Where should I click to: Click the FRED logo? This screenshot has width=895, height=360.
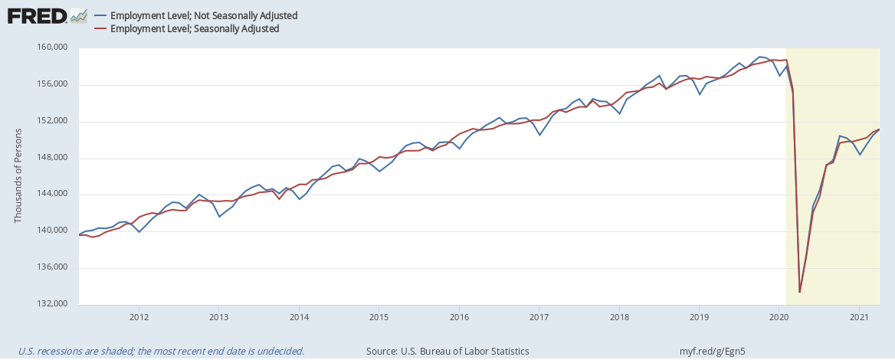tap(37, 15)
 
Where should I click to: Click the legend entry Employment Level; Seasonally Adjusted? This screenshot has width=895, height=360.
tap(194, 28)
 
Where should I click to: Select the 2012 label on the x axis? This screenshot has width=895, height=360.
tap(139, 316)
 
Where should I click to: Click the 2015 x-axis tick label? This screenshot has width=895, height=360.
tap(379, 316)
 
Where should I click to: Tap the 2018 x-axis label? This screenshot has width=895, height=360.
tap(619, 316)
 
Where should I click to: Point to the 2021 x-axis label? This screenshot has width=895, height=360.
tap(859, 316)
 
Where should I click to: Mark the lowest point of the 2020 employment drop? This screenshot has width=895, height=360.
tap(800, 292)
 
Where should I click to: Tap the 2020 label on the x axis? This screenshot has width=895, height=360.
tap(779, 316)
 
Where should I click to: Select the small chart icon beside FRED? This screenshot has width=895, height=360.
tap(77, 15)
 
